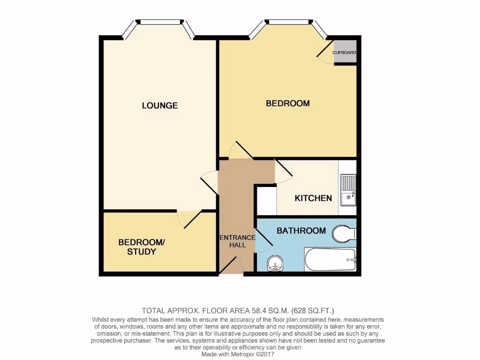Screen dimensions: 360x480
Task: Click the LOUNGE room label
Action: (x=160, y=105)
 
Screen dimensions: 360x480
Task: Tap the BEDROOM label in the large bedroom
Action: (x=288, y=103)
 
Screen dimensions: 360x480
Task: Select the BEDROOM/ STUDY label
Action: (x=141, y=247)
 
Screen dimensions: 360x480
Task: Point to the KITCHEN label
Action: (x=313, y=198)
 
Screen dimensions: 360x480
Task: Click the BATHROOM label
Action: (x=301, y=231)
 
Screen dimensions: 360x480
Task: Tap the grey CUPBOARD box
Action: (x=345, y=52)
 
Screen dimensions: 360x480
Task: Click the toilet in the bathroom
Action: (x=345, y=233)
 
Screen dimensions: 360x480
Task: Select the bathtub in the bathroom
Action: (x=331, y=259)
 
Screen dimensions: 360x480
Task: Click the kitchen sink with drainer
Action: (x=348, y=190)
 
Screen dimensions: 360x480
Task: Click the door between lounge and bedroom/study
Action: (x=189, y=219)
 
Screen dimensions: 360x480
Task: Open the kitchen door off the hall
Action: (x=283, y=172)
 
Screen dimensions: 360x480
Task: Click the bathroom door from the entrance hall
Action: (x=262, y=242)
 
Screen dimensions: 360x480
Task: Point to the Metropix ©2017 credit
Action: (x=256, y=354)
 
